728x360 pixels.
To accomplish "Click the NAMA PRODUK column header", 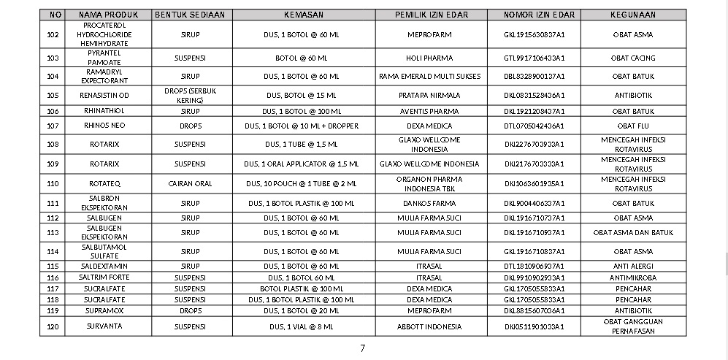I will coord(107,15).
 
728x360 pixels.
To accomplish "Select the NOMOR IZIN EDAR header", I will coord(534,15).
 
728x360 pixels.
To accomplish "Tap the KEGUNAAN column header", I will coord(632,15).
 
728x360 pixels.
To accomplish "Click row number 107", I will coord(53,126).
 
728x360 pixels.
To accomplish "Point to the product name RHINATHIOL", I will coord(107,111).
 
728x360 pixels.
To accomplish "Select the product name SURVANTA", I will coord(107,326).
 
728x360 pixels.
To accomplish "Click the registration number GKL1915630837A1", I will coord(534,34).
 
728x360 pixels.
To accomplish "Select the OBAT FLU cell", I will coord(632,126).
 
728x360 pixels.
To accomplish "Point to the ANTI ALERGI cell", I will coord(632,266).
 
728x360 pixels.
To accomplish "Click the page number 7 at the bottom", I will coord(362,348).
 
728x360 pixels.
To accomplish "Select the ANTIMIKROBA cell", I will coord(632,277).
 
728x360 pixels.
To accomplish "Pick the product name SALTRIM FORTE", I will coord(107,277).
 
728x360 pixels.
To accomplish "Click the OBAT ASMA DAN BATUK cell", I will coord(632,233).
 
